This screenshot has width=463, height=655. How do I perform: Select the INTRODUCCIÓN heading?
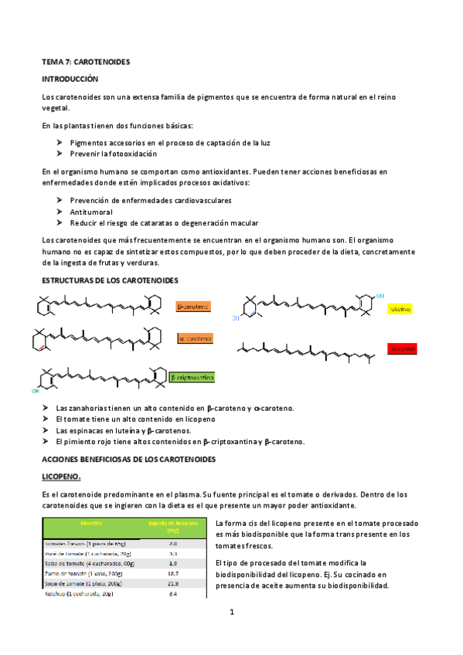pos(71,79)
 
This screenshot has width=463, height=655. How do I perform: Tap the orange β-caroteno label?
pos(193,307)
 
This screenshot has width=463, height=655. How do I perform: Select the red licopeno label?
pos(402,348)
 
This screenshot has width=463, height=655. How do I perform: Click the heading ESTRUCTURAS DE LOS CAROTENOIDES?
pos(111,279)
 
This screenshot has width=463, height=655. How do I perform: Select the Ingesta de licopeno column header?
pos(173,527)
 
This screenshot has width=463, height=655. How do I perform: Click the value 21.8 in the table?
pos(173,584)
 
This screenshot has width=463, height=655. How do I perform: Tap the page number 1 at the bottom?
pos(231,613)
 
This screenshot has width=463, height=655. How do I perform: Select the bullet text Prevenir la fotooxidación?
pos(113,154)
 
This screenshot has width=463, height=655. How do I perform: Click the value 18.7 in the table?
pos(173,574)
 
